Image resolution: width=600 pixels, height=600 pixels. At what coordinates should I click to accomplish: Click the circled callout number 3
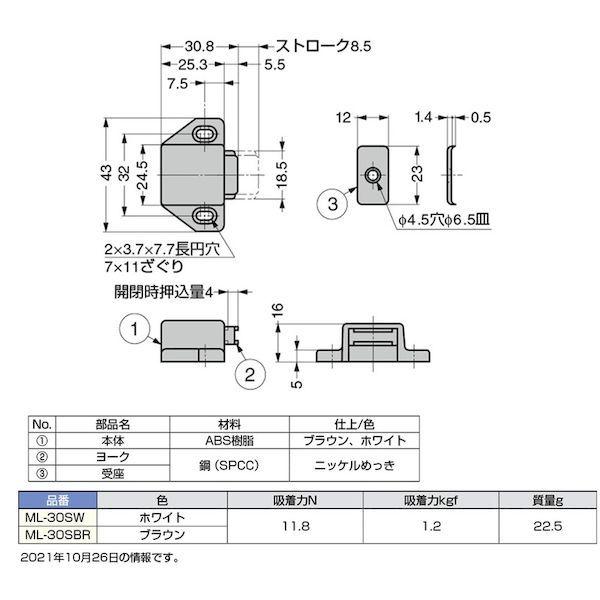[336, 207]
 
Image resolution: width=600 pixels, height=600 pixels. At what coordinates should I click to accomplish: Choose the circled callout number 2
[251, 376]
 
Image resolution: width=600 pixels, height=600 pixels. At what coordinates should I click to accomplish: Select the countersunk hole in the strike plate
[372, 175]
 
